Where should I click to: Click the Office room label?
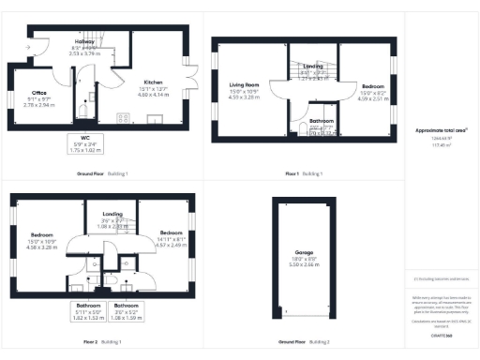coord(39,92)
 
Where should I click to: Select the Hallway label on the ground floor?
coord(85,42)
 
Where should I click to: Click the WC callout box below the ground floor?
coord(83,144)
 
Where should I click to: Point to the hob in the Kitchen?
coord(123,117)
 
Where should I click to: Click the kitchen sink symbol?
coord(156,118)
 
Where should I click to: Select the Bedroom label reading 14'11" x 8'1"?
coord(171,232)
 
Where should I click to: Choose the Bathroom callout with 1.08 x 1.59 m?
coord(127,310)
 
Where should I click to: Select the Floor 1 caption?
coord(291,174)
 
